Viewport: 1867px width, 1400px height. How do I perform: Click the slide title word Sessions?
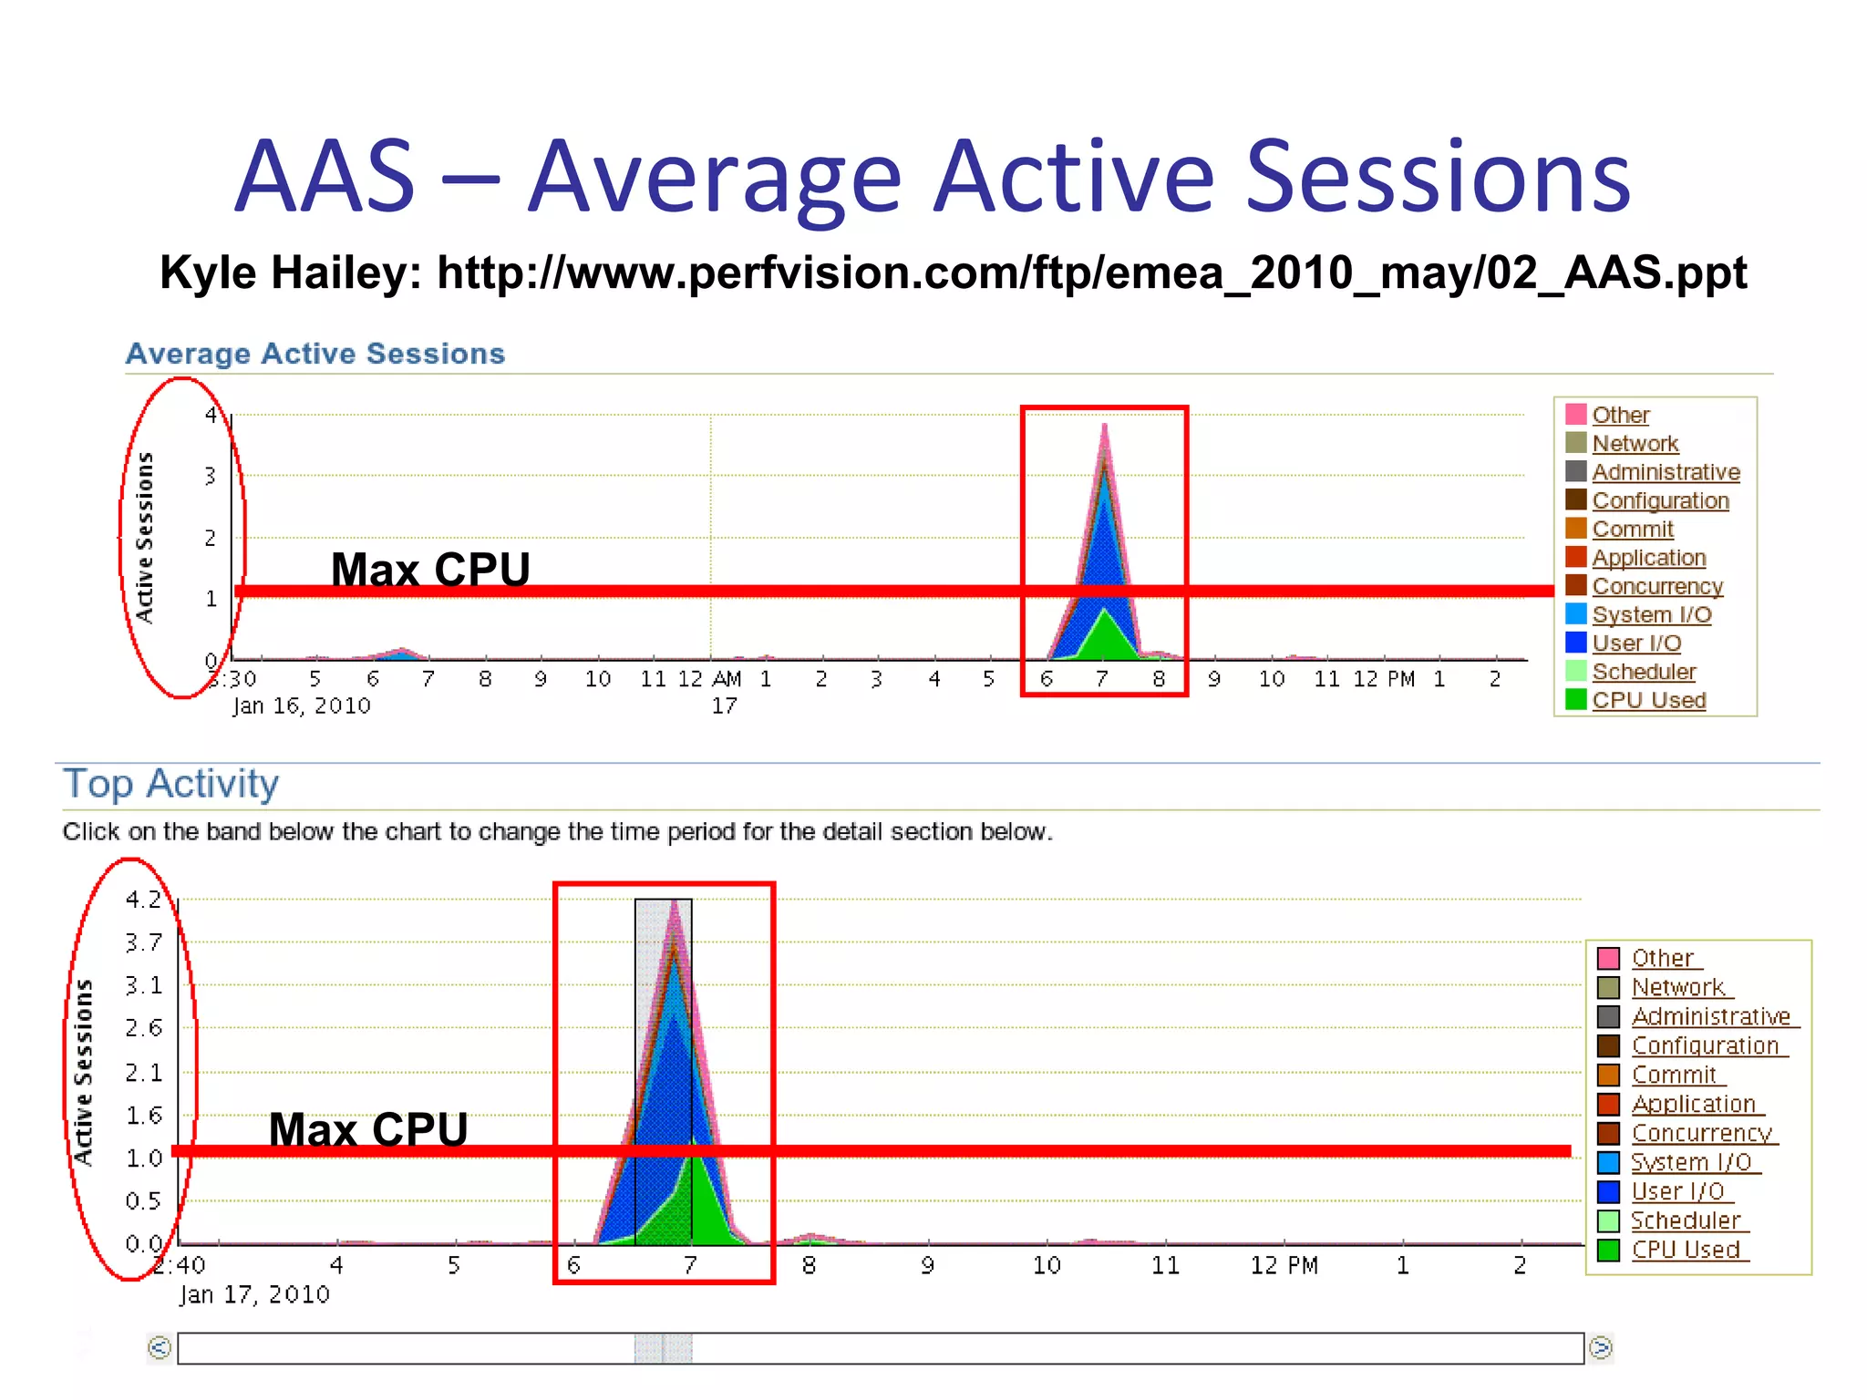coord(1438,177)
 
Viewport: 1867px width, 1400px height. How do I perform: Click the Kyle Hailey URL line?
coord(953,273)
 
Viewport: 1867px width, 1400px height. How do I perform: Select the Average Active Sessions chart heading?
coord(315,354)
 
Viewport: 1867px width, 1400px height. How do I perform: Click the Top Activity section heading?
coord(170,784)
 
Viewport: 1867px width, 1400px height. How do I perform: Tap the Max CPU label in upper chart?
coord(430,570)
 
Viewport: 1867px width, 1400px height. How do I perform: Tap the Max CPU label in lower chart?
coord(368,1129)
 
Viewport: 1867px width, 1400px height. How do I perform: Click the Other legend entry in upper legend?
coord(1620,415)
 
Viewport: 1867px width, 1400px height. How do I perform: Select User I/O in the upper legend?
coord(1636,643)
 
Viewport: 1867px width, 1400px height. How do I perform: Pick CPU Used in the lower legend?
coord(1685,1250)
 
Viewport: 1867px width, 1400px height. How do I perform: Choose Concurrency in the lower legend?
coord(1700,1133)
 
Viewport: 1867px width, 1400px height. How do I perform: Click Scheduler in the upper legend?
coord(1643,672)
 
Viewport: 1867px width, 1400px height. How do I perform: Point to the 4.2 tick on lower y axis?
coord(143,900)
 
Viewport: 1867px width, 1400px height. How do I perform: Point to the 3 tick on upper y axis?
coord(211,476)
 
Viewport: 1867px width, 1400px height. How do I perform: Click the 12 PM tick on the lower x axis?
coord(1284,1265)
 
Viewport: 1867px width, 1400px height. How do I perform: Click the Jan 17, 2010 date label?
coord(254,1294)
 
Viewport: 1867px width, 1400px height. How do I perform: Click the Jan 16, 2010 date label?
coord(302,705)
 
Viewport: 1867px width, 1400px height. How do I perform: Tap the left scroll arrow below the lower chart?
coord(160,1347)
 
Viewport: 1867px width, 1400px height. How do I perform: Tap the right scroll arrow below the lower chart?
coord(1600,1347)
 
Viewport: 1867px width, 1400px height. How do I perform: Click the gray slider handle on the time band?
coord(663,1348)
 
